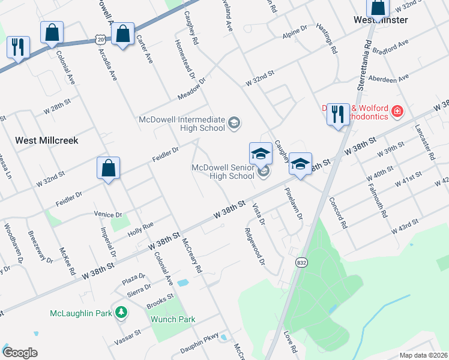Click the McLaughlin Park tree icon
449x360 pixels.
pos(121,313)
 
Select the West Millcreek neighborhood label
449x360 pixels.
pos(47,140)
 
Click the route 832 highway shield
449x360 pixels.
pos(301,262)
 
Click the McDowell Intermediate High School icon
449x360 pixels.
pos(234,124)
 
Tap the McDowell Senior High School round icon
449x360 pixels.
pos(263,173)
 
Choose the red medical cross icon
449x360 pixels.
pos(396,111)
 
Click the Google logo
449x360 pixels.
pos(20,352)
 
